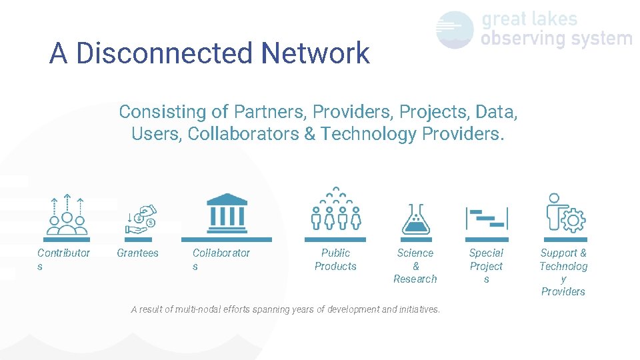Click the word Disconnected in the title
[x=165, y=53]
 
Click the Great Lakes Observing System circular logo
[x=455, y=30]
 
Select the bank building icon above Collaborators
[x=227, y=211]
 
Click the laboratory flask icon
[x=416, y=219]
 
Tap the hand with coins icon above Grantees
[x=140, y=219]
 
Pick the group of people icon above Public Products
[x=335, y=209]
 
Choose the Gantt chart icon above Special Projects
[x=487, y=219]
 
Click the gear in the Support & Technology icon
[x=573, y=219]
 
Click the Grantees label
[x=137, y=253]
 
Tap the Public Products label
[x=335, y=259]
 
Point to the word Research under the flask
[x=415, y=279]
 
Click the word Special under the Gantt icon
[x=486, y=253]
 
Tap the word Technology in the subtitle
[x=368, y=134]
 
